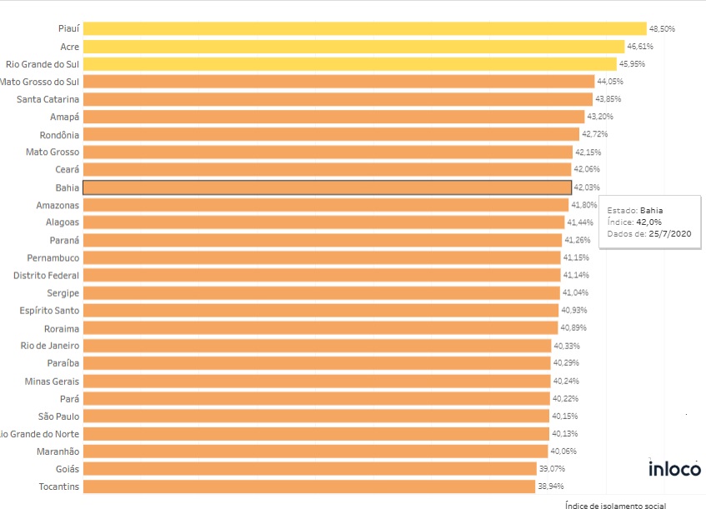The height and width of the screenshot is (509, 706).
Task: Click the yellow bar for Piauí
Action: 364,28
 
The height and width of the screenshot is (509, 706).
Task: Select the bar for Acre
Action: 353,47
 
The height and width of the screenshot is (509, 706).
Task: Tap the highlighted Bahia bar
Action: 327,187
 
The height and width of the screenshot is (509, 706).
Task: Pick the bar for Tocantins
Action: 308,487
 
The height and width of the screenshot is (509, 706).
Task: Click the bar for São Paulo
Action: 315,416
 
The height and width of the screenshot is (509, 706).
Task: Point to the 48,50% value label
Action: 662,28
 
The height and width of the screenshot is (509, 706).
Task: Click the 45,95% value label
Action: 632,64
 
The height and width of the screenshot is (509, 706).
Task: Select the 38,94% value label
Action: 552,487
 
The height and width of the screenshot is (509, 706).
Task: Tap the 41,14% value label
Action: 576,275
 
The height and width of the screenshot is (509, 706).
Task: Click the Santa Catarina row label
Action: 48,99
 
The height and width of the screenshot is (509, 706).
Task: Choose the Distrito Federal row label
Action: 47,275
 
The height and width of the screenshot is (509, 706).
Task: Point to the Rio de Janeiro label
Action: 50,346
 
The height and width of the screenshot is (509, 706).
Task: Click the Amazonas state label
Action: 58,205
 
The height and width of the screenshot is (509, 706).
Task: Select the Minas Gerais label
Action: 53,381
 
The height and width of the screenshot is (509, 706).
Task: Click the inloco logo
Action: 674,469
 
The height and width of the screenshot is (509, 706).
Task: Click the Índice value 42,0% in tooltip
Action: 648,222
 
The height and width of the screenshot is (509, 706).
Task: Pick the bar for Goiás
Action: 309,469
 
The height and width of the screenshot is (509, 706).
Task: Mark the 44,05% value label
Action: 609,82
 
